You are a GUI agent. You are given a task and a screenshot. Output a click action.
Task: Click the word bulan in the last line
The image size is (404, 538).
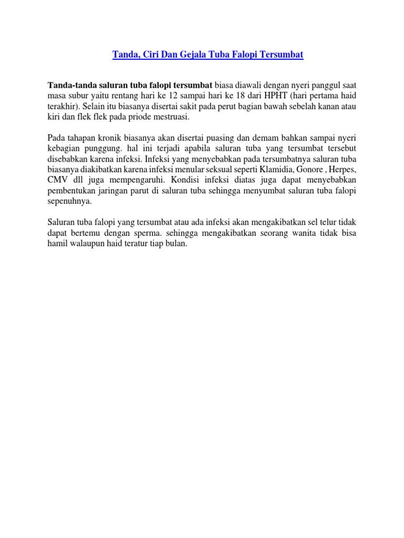pyautogui.click(x=177, y=245)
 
